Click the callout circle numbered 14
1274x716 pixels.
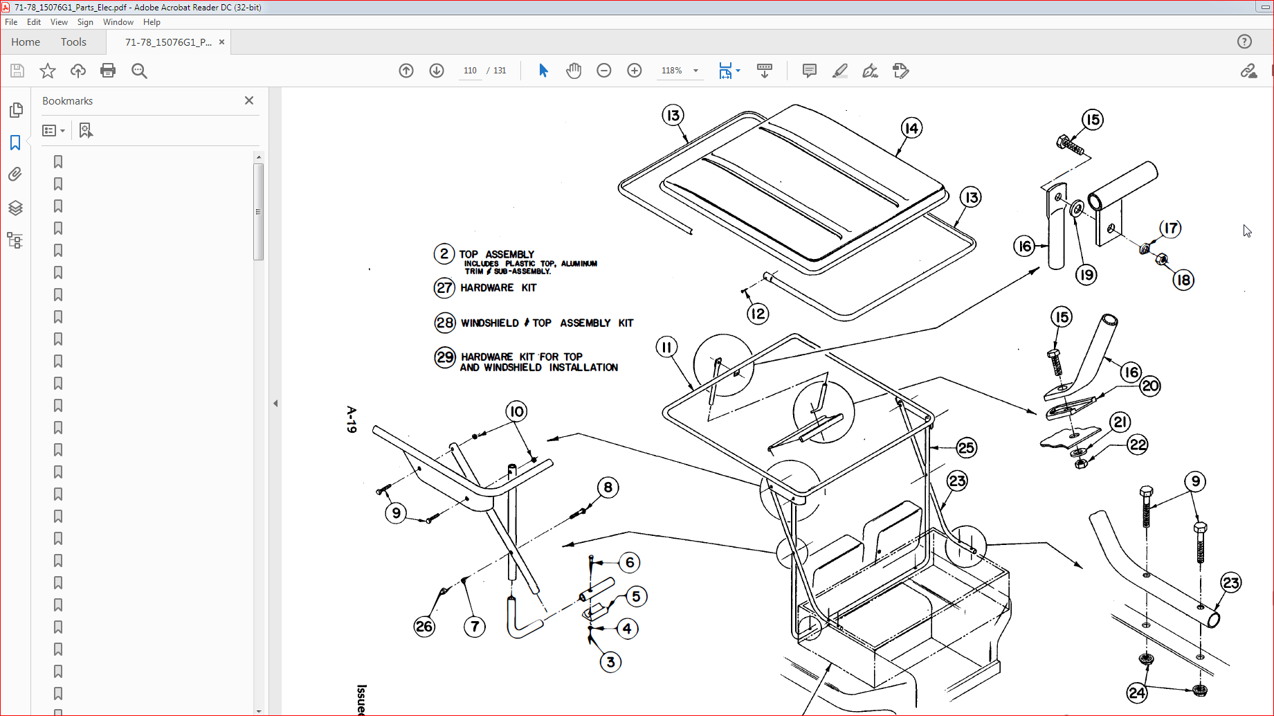tap(911, 128)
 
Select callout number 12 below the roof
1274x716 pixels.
tap(758, 314)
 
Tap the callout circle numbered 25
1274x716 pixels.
tap(966, 448)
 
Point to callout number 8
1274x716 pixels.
tap(608, 487)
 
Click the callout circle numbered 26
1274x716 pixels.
tap(424, 627)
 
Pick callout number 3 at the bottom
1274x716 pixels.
tap(610, 662)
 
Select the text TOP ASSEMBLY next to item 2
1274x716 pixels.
tap(496, 254)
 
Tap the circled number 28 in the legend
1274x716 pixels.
tap(444, 323)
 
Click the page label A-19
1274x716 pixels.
tap(352, 420)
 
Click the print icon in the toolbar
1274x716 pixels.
tap(108, 71)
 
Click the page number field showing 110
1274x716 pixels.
tap(470, 71)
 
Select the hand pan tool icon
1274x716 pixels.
tap(574, 71)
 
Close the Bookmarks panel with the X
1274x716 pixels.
tap(249, 100)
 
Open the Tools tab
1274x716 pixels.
tap(73, 42)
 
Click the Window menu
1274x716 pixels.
tap(118, 22)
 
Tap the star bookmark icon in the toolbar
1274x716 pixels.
tap(48, 71)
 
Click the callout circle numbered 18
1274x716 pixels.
tap(1183, 280)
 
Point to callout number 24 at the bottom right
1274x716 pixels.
tap(1137, 692)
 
